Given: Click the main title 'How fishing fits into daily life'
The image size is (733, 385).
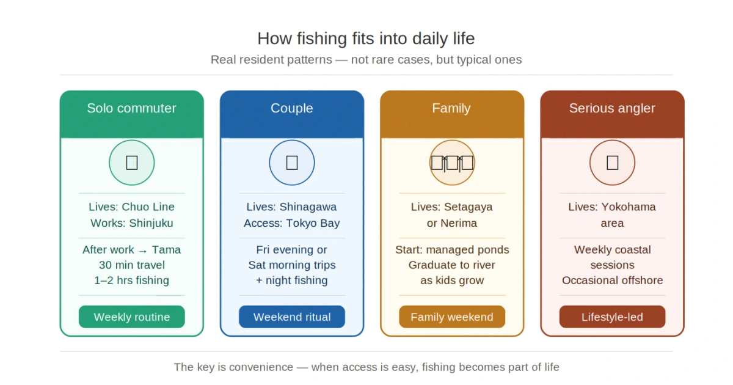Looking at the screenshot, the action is (x=366, y=38).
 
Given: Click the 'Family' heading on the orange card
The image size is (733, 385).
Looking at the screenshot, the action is (x=451, y=108).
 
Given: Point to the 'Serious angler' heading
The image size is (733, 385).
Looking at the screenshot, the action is (x=612, y=108).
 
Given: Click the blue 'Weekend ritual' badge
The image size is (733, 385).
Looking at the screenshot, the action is (x=292, y=317).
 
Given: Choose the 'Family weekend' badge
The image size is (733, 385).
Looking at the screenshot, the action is (x=452, y=317).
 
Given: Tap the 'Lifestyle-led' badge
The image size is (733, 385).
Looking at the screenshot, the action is (x=612, y=317).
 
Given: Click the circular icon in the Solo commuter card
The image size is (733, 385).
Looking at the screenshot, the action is (x=131, y=163).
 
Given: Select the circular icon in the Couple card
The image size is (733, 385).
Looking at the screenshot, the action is (x=292, y=163).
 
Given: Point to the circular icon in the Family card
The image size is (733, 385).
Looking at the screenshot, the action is (x=452, y=163).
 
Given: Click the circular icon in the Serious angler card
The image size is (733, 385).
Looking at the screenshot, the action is (x=612, y=163).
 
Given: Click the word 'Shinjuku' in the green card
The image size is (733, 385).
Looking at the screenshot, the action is (x=151, y=223).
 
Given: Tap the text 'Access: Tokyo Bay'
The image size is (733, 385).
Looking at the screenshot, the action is (x=291, y=223).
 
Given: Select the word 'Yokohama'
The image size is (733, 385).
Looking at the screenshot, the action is (x=629, y=207).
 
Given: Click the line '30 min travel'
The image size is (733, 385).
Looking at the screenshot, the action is (x=132, y=265).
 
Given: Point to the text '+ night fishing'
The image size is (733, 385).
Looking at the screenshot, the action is (x=291, y=280).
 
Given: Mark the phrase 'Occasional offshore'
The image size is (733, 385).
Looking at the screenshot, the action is (x=612, y=280).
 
